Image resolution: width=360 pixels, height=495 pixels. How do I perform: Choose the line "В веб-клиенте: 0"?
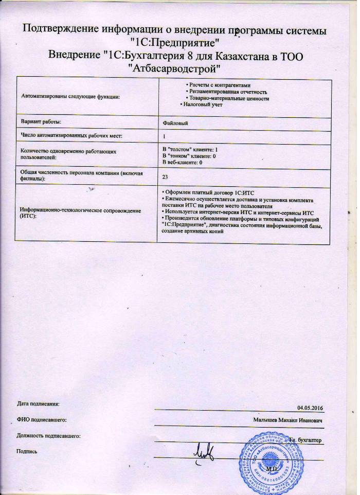tap(182, 162)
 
